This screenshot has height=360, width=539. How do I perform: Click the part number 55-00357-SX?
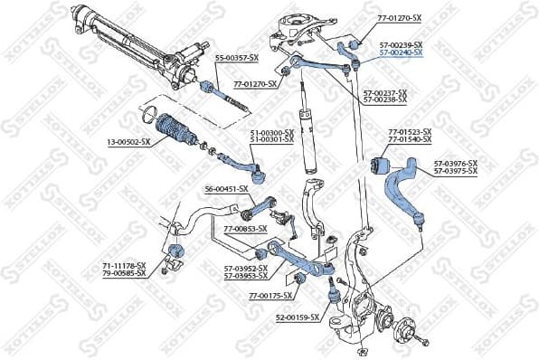point(237,58)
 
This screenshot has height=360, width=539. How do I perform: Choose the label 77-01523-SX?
point(410,133)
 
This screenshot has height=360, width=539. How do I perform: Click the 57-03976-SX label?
point(455,163)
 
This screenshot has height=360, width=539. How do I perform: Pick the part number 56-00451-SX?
point(226,189)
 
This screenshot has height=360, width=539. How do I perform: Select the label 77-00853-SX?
point(244,229)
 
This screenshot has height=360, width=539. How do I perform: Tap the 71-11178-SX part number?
point(124,265)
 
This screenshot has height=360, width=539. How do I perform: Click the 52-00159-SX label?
point(297,317)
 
